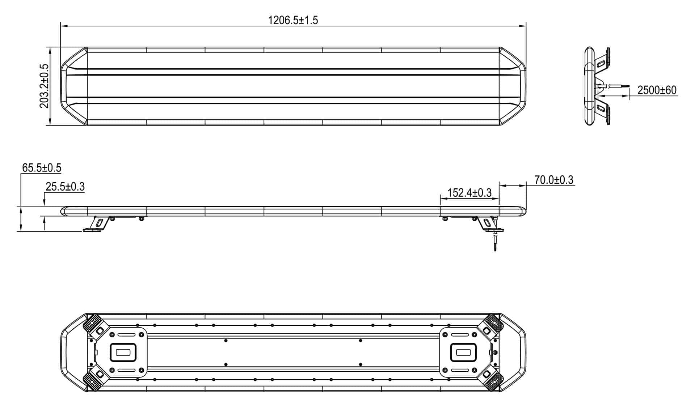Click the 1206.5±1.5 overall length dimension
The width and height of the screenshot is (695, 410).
pyautogui.click(x=293, y=20)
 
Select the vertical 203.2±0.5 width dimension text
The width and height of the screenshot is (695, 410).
pyautogui.click(x=44, y=86)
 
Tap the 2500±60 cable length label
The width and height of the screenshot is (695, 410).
pyautogui.click(x=657, y=90)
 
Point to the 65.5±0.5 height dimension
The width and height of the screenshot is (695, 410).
pyautogui.click(x=42, y=168)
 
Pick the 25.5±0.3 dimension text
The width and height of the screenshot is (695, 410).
pyautogui.click(x=65, y=187)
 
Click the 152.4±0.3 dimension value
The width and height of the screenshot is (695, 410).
pyautogui.click(x=469, y=193)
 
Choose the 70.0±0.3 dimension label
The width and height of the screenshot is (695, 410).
pyautogui.click(x=554, y=180)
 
